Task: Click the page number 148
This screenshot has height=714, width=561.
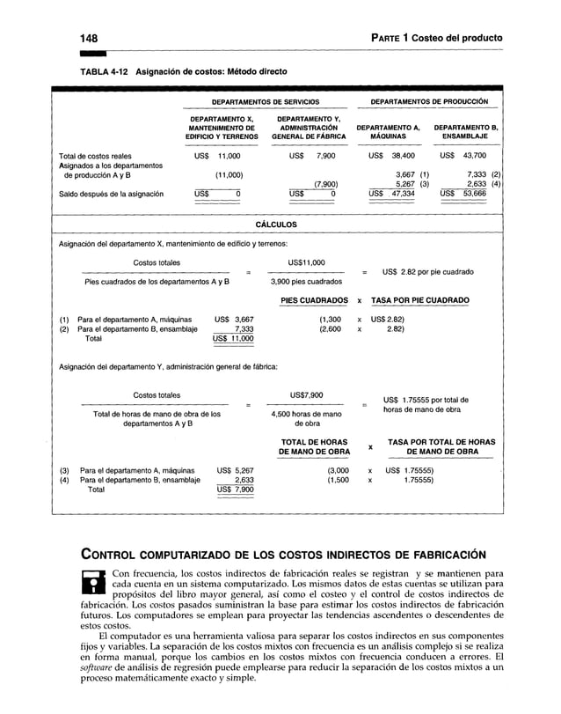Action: click(x=87, y=37)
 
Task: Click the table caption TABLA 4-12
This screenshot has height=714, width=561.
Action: click(x=103, y=70)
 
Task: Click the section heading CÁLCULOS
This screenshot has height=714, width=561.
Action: click(x=276, y=225)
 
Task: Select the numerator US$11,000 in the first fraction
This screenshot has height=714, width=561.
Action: click(x=306, y=262)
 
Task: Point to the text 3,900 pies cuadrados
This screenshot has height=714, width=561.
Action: click(x=306, y=283)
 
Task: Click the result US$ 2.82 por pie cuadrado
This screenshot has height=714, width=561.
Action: click(x=428, y=272)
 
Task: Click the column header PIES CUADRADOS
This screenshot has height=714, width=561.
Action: click(x=314, y=301)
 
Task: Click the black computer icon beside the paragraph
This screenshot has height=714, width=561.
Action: click(x=91, y=582)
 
